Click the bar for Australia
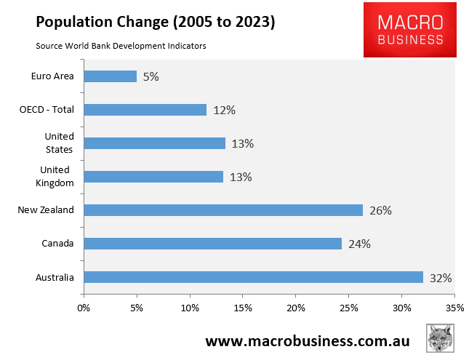click(x=253, y=277)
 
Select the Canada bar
click(x=212, y=244)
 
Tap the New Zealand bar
click(x=223, y=210)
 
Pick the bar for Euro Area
click(x=110, y=76)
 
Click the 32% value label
click(x=441, y=278)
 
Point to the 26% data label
click(x=380, y=211)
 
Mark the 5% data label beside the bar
click(x=151, y=76)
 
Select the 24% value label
click(x=359, y=244)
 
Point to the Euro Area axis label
click(x=53, y=76)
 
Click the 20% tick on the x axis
click(x=296, y=308)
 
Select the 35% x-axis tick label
click(x=454, y=308)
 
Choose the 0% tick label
click(x=84, y=308)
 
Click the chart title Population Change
click(x=155, y=22)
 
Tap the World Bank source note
click(x=121, y=46)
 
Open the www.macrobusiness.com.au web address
click(x=307, y=341)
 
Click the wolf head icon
click(x=441, y=339)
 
